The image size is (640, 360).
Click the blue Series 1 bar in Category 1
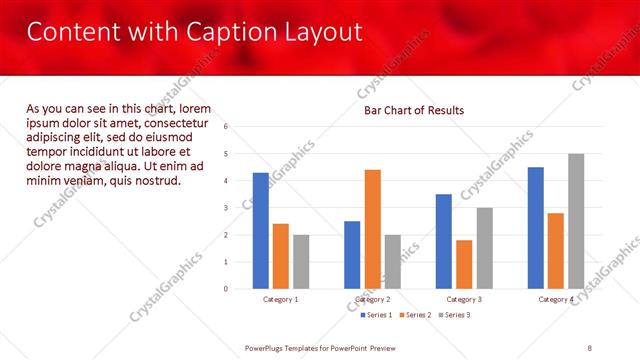pyautogui.click(x=261, y=231)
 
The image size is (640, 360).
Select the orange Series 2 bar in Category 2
pyautogui.click(x=372, y=229)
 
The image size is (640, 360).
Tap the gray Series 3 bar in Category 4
pyautogui.click(x=576, y=221)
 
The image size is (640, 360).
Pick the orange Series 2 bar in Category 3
pyautogui.click(x=464, y=264)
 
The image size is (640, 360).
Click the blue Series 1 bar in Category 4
pyautogui.click(x=535, y=228)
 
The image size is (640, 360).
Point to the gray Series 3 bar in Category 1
pyautogui.click(x=301, y=262)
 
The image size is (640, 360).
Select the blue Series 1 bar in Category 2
pyautogui.click(x=352, y=255)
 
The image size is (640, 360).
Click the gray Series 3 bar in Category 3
pyautogui.click(x=484, y=248)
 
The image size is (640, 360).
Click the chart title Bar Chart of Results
pyautogui.click(x=413, y=110)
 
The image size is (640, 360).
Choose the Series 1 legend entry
pyautogui.click(x=378, y=315)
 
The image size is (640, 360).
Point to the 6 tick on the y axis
pyautogui.click(x=227, y=127)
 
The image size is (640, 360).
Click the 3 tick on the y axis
pyautogui.click(x=227, y=208)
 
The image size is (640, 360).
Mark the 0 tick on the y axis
pyautogui.click(x=227, y=289)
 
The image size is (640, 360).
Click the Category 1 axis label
pyautogui.click(x=281, y=299)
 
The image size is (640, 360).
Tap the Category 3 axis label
pyautogui.click(x=464, y=299)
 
